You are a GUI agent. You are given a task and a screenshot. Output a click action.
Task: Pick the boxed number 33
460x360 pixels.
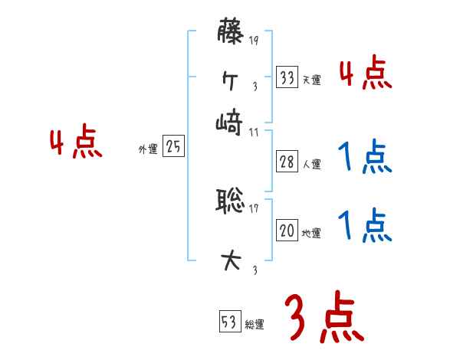[287, 77]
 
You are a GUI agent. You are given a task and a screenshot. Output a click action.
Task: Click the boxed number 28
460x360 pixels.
[287, 162]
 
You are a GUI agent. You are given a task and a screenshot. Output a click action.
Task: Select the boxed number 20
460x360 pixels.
[287, 231]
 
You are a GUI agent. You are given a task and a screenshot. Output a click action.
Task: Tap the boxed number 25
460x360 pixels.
[173, 148]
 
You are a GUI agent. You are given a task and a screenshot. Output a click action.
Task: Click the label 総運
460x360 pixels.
[254, 324]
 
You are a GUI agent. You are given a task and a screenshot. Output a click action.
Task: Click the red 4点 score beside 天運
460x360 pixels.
[365, 74]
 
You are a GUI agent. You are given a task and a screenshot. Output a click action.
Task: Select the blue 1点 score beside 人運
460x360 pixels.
[365, 158]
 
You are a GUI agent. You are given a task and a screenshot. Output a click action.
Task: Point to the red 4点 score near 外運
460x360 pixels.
[76, 143]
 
